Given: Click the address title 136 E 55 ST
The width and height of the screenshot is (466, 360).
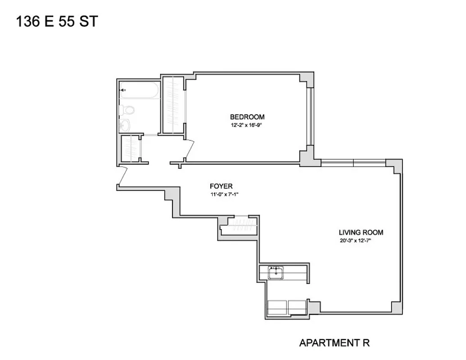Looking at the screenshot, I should (56, 21).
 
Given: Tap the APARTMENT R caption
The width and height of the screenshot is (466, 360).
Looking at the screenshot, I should (335, 343).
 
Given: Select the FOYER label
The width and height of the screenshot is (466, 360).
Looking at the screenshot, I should (221, 186).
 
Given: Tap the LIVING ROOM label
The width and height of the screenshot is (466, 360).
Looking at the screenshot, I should (361, 233).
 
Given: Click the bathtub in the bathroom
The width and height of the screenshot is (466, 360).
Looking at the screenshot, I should (140, 92).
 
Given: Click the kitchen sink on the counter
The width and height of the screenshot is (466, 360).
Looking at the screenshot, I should (275, 271).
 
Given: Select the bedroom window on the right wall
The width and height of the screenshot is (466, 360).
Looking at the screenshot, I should (309, 117).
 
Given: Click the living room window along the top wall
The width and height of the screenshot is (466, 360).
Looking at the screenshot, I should (353, 162).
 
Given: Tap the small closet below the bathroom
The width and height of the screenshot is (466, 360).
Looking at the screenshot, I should (131, 148).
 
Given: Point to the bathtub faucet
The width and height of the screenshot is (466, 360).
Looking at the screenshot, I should (123, 90).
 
